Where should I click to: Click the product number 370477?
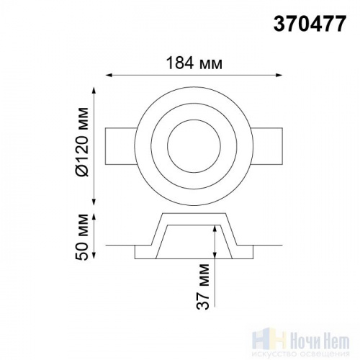310,24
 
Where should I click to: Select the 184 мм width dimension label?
194,63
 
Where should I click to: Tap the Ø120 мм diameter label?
82,142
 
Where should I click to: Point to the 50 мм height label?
82,237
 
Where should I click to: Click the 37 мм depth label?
203,287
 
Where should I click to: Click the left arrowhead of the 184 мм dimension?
109,76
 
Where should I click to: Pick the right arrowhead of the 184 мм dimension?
279,76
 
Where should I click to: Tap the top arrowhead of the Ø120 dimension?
94,91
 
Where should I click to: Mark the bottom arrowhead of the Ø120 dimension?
94,202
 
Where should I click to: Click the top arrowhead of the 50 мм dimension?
94,217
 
